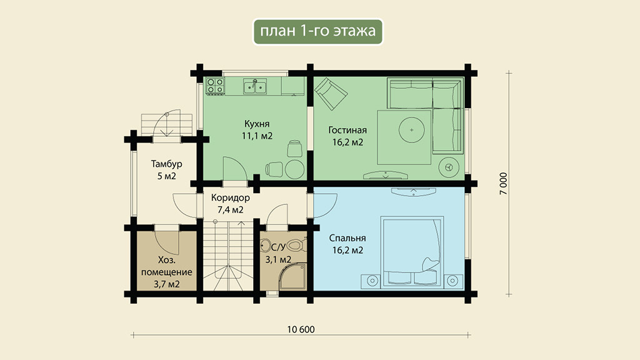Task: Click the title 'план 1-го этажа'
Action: (x=317, y=31)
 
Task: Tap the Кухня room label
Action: (x=257, y=124)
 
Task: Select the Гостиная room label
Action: (x=347, y=130)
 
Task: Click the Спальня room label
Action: (x=347, y=238)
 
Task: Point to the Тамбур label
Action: (x=166, y=164)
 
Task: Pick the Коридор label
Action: (x=230, y=198)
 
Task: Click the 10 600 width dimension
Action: (x=301, y=329)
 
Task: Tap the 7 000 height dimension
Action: (x=504, y=183)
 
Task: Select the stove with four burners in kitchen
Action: (x=215, y=86)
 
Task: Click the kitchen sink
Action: (x=255, y=86)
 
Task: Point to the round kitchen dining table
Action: (x=295, y=169)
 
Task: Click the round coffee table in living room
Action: (x=411, y=130)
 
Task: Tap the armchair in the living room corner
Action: (x=331, y=94)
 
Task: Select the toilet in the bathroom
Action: (x=297, y=246)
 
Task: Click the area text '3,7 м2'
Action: (x=166, y=284)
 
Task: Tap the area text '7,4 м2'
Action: (x=230, y=210)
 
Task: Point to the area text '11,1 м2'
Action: (x=257, y=136)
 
